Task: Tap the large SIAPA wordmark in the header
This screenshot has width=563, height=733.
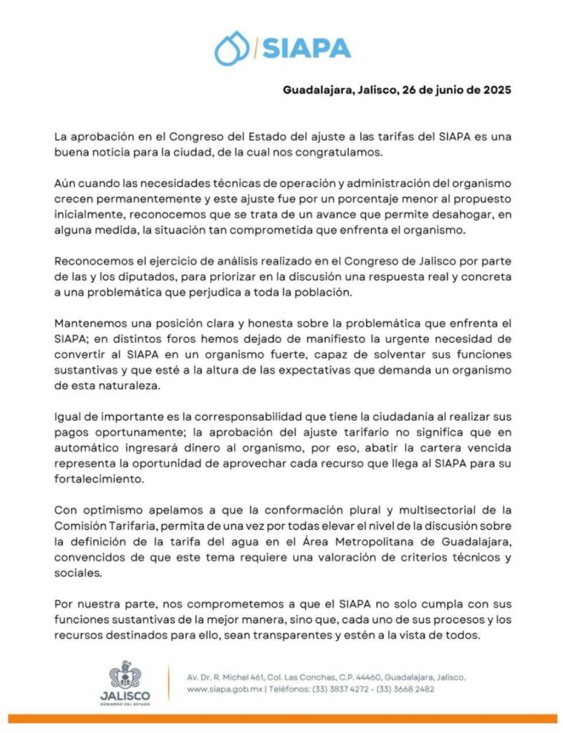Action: (x=307, y=49)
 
